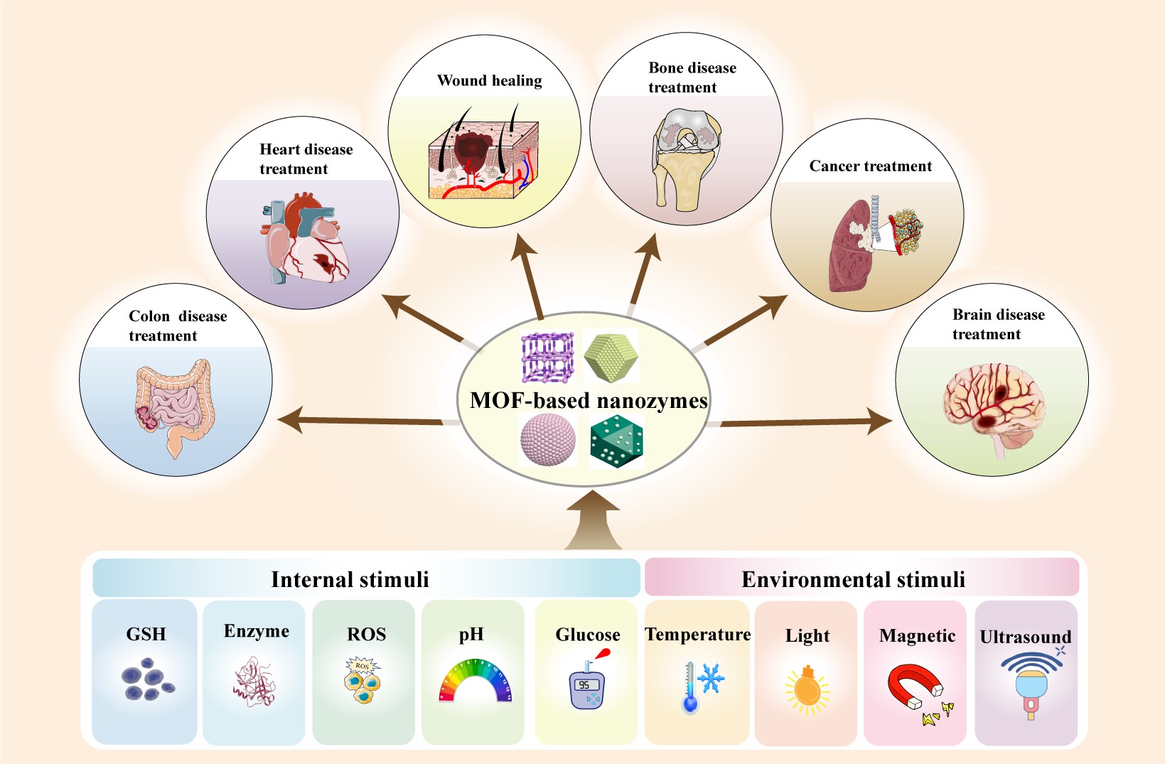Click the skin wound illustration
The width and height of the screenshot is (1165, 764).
[x=483, y=160]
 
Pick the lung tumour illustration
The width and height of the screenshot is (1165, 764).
[x=874, y=242]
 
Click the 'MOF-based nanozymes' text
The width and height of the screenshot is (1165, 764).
[x=589, y=401]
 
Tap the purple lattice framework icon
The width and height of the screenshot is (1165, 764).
[x=547, y=357]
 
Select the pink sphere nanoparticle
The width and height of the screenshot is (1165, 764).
[x=548, y=440]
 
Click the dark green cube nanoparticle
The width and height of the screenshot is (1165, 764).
[x=616, y=441]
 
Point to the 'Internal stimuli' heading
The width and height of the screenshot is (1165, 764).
[x=350, y=579]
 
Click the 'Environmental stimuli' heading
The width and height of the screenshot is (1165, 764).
[x=853, y=579]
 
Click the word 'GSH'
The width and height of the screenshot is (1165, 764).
[x=146, y=634]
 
